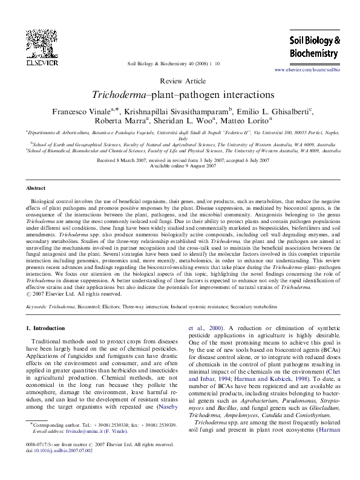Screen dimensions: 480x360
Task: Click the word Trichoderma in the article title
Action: pyautogui.click(x=116, y=95)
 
